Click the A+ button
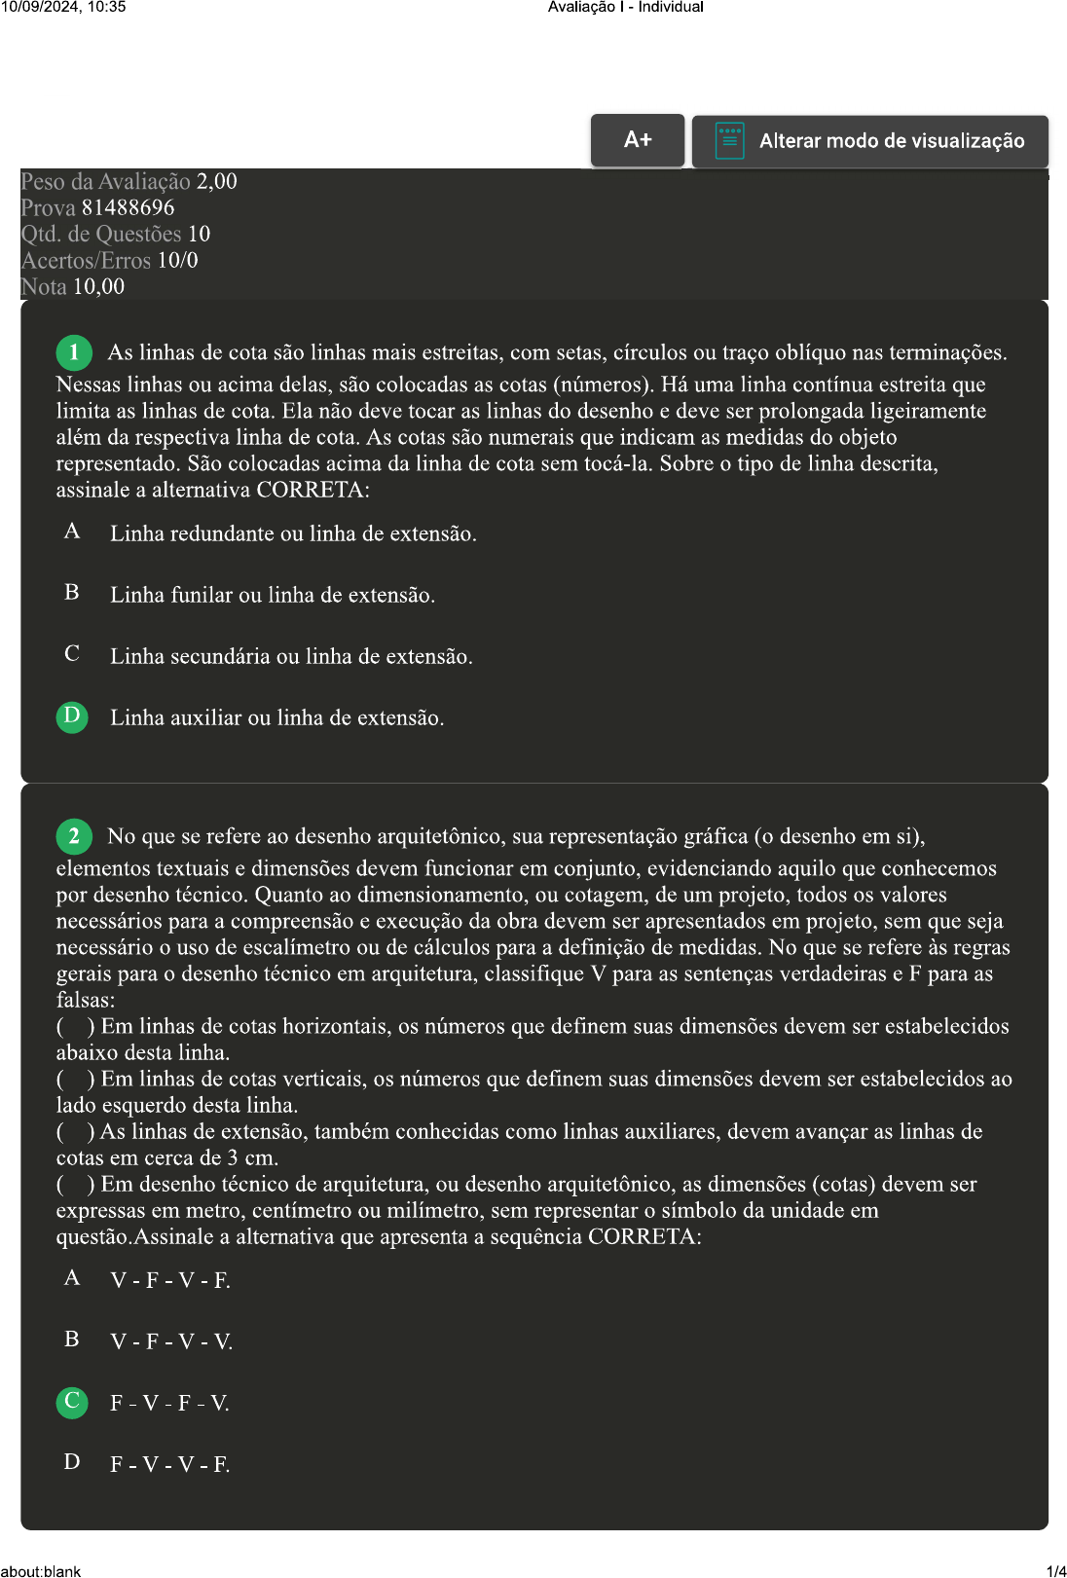[x=638, y=140]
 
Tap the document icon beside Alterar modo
[x=729, y=140]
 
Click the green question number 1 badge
[x=74, y=352]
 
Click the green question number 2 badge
[x=74, y=836]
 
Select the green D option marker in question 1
[x=72, y=717]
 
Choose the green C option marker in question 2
[x=72, y=1402]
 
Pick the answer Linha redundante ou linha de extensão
[x=293, y=533]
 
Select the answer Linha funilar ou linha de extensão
[x=272, y=595]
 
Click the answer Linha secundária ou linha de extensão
[x=291, y=656]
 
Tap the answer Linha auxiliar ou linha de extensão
[x=276, y=717]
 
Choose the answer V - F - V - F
[x=170, y=1280]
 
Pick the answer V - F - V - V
[x=171, y=1341]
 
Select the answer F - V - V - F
[x=170, y=1464]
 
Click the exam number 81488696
[x=128, y=207]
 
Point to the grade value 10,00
[x=98, y=286]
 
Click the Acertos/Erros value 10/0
[x=177, y=260]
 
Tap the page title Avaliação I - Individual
[x=625, y=7]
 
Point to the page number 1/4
[x=1055, y=1570]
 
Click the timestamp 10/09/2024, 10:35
[x=63, y=7]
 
